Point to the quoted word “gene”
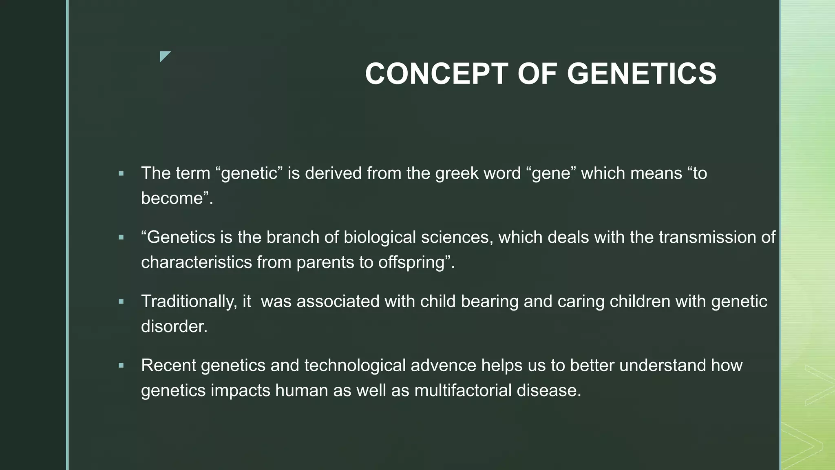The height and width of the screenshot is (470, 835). (x=554, y=174)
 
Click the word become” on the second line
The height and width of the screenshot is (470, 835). (x=177, y=199)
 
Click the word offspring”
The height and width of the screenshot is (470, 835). (x=416, y=262)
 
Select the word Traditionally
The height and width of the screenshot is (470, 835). (x=189, y=302)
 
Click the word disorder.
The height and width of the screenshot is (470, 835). (x=174, y=326)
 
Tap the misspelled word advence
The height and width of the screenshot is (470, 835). (x=443, y=366)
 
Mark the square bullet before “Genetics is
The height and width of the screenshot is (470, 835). (x=121, y=237)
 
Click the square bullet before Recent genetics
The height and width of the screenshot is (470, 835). (x=121, y=366)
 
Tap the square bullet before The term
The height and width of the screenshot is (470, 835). (x=121, y=174)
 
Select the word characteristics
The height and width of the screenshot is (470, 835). (x=197, y=262)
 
